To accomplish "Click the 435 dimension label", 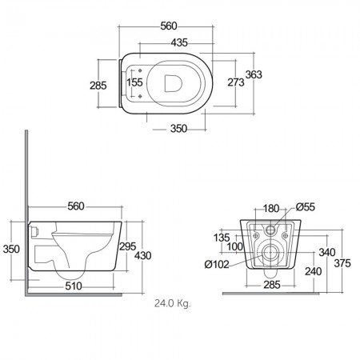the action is pyautogui.click(x=179, y=42).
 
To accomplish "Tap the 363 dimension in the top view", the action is pyautogui.click(x=254, y=74).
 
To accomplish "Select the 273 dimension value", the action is pyautogui.click(x=236, y=82).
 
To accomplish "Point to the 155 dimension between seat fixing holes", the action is pyautogui.click(x=134, y=82).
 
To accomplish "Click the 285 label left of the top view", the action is pyautogui.click(x=98, y=86).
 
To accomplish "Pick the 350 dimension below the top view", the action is pyautogui.click(x=178, y=129).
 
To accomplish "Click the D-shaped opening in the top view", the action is pyautogui.click(x=173, y=83).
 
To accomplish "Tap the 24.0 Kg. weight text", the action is pyautogui.click(x=173, y=303).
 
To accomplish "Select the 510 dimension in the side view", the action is pyautogui.click(x=74, y=286).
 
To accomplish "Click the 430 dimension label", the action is pyautogui.click(x=143, y=256).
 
